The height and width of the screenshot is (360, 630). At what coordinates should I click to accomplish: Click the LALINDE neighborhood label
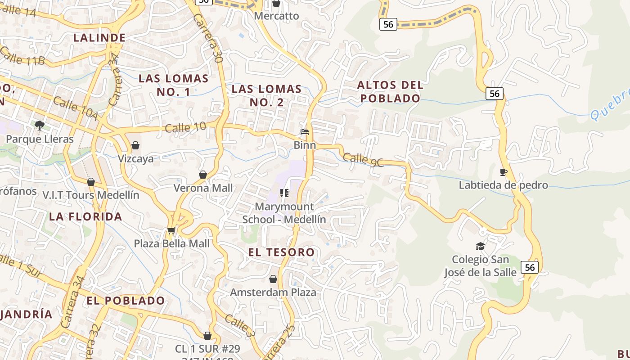coord(99,38)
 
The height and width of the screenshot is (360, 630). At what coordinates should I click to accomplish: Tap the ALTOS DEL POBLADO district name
coord(390,91)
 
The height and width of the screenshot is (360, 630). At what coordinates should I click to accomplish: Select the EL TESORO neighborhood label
coord(281,252)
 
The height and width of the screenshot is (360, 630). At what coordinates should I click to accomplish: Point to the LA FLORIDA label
coord(85,216)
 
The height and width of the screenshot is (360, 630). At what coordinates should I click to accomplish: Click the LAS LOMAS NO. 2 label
coord(266,95)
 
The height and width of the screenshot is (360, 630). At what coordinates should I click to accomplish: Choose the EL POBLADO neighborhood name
coord(126,301)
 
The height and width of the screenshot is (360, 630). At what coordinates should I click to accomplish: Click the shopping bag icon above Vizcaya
coord(135,145)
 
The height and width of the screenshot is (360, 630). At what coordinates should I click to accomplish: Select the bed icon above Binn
coord(305,132)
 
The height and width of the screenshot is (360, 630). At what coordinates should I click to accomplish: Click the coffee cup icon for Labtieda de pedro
coord(503,172)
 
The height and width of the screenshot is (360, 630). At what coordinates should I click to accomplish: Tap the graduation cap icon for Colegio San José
coord(480,246)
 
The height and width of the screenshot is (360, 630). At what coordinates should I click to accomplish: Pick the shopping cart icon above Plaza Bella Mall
coord(171,231)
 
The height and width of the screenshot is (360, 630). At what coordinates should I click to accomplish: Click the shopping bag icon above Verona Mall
coord(203,175)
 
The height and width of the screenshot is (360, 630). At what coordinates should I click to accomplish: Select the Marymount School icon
coord(284,193)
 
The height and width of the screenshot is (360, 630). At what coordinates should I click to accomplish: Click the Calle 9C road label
coord(363,160)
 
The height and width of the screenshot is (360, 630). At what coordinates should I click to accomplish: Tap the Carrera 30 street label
coord(208,38)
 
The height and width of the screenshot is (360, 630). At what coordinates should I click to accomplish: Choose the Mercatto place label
coord(276,16)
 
